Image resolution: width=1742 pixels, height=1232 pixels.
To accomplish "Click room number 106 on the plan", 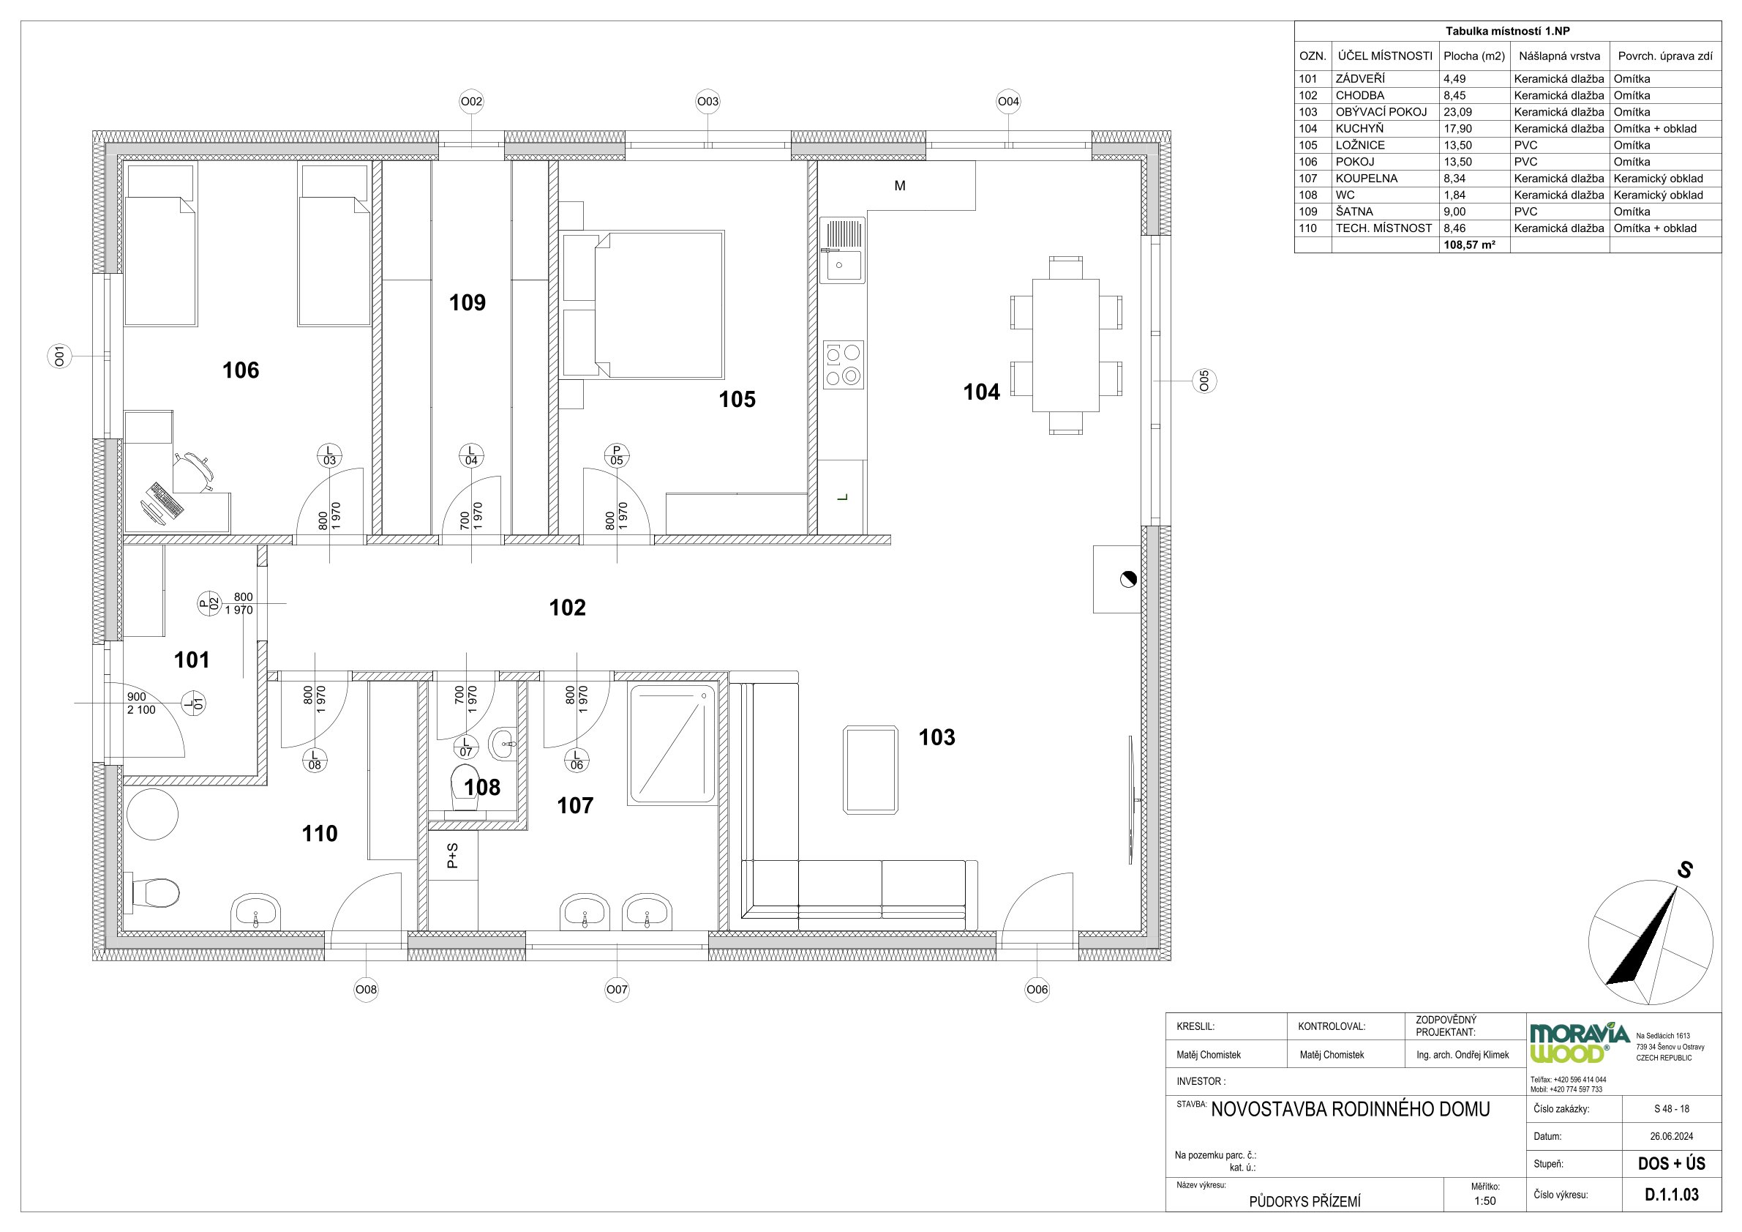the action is pos(241,370).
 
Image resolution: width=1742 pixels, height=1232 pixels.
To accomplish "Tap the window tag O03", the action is pos(708,101).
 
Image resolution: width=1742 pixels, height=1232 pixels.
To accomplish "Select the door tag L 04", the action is pos(471,455).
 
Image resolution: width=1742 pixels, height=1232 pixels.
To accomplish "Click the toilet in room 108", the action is pos(467,787).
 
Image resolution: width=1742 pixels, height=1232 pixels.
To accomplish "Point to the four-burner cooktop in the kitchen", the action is pos(844,365).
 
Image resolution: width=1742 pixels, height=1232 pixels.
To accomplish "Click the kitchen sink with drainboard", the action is pos(842,250).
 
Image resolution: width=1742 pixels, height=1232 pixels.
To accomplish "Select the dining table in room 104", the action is pos(1066,346).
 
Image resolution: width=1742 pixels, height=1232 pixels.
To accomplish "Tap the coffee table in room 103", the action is pos(871,769).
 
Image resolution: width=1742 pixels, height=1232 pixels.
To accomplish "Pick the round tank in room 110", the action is pos(152,815).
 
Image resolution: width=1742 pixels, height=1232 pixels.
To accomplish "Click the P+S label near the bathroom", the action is pos(452,856).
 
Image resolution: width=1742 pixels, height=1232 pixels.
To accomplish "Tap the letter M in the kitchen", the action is pos(900,186).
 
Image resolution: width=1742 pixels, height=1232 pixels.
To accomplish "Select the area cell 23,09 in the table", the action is pos(1457,112).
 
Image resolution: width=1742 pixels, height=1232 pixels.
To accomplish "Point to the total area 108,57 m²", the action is pos(1470,245).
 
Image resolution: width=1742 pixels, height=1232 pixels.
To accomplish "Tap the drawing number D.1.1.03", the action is pos(1672,1194).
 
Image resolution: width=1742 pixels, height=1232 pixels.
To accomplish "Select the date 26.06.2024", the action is pos(1672,1136).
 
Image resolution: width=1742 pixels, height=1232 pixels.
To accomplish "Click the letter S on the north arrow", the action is pos(1684,870).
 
